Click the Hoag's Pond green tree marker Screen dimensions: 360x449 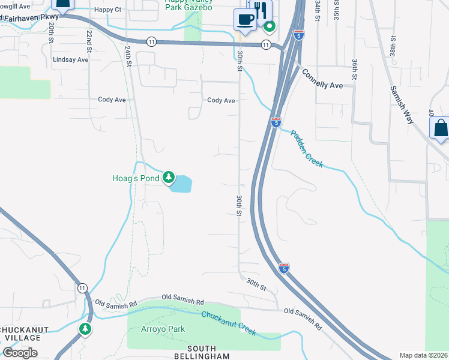point(170,178)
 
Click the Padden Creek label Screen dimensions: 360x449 point(307,149)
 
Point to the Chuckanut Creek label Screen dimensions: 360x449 point(229,323)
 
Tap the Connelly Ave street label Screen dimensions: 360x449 point(322,81)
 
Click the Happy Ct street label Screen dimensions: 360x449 point(108,11)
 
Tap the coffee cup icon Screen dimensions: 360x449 point(244,19)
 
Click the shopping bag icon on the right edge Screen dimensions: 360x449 point(440,128)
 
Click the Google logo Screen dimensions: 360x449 point(20,353)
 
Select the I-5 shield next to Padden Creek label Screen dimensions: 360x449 point(276,122)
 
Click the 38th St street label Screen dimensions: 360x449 point(393,44)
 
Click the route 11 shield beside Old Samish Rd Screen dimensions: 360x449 point(82,288)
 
